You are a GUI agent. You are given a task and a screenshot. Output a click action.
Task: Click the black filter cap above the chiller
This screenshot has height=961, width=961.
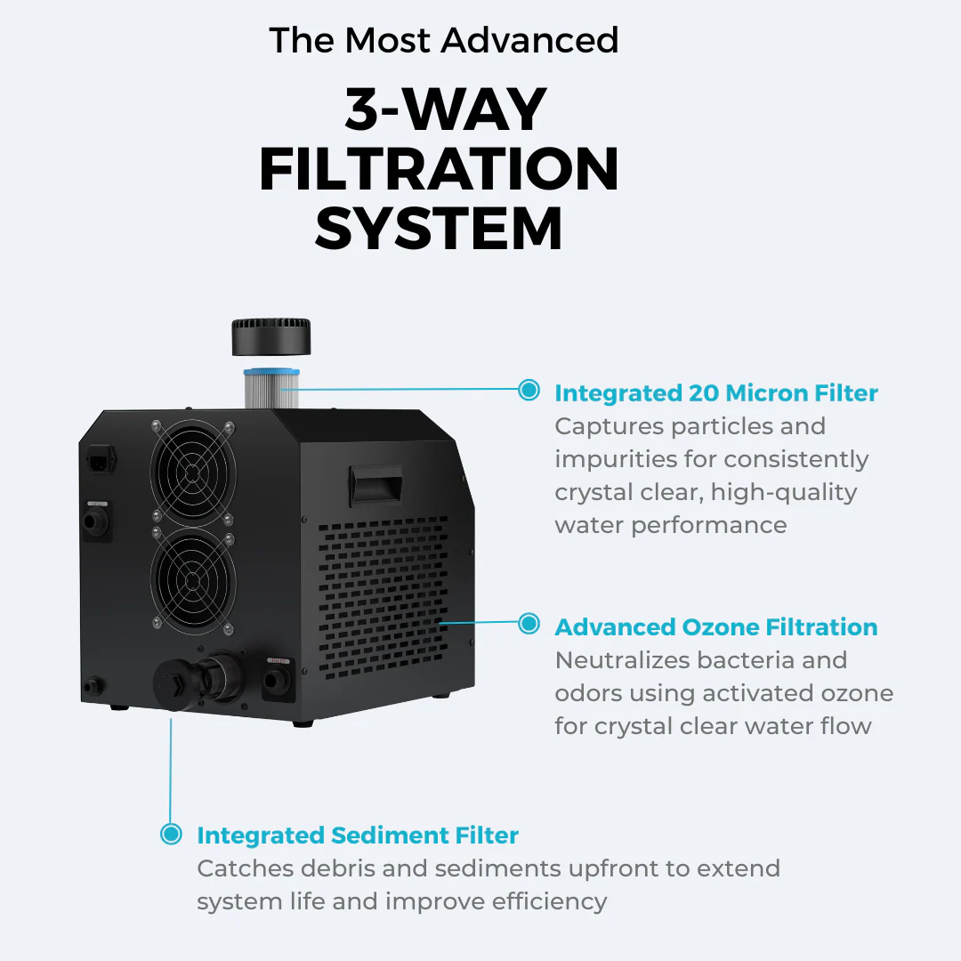(271, 336)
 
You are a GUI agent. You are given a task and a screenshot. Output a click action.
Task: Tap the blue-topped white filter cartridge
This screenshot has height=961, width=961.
(271, 388)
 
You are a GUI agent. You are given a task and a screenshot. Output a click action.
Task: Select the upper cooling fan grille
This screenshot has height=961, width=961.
(192, 471)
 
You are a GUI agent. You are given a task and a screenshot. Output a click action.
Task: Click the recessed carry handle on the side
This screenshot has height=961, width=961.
(376, 484)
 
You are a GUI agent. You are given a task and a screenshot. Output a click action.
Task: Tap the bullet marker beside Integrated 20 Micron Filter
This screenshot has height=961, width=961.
(529, 390)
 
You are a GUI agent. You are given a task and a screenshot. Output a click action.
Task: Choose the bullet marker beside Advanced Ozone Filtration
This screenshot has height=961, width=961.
(529, 623)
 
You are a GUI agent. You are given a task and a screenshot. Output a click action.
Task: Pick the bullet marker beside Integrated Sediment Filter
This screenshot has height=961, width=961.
(171, 834)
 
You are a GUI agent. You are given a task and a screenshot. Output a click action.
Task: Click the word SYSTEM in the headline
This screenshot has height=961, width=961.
(439, 230)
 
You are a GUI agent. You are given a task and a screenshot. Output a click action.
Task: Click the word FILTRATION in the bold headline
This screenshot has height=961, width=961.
(439, 169)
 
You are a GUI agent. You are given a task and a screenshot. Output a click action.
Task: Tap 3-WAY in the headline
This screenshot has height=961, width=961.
(446, 109)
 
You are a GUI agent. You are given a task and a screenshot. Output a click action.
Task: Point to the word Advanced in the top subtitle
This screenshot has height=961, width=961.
(529, 40)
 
